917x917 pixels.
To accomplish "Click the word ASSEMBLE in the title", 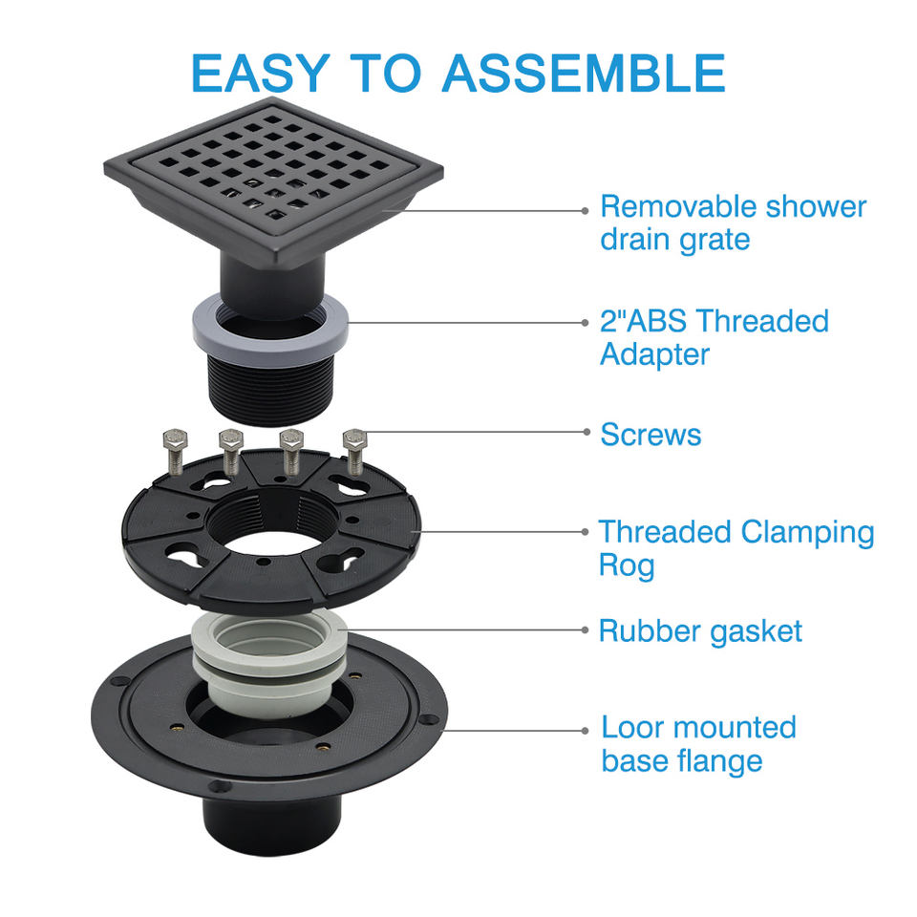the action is [584, 74].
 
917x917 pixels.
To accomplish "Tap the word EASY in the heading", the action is [261, 74].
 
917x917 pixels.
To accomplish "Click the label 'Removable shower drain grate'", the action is [734, 223].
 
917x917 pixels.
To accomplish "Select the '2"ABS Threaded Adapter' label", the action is [714, 337].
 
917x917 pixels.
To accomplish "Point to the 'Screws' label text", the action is [650, 435].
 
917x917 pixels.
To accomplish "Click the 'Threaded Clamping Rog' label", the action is [736, 548].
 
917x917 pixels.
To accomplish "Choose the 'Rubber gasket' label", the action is [700, 631].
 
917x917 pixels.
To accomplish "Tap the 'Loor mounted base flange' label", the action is [699, 744].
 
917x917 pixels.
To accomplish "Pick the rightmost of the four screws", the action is [354, 452].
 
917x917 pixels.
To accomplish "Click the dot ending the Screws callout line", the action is [586, 432].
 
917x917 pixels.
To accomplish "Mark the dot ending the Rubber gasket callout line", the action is [585, 629].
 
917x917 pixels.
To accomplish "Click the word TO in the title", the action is [386, 74].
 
